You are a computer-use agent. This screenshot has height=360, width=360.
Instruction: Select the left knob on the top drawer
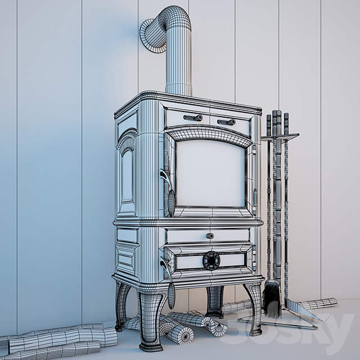[192, 118]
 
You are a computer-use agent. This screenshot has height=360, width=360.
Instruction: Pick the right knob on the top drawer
[227, 121]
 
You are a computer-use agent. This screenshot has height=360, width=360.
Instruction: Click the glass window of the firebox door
[210, 173]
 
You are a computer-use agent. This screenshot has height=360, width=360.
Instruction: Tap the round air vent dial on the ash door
[211, 260]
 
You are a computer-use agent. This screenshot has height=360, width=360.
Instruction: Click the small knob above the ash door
[210, 236]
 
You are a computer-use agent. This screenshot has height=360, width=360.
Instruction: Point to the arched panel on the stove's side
[127, 169]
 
